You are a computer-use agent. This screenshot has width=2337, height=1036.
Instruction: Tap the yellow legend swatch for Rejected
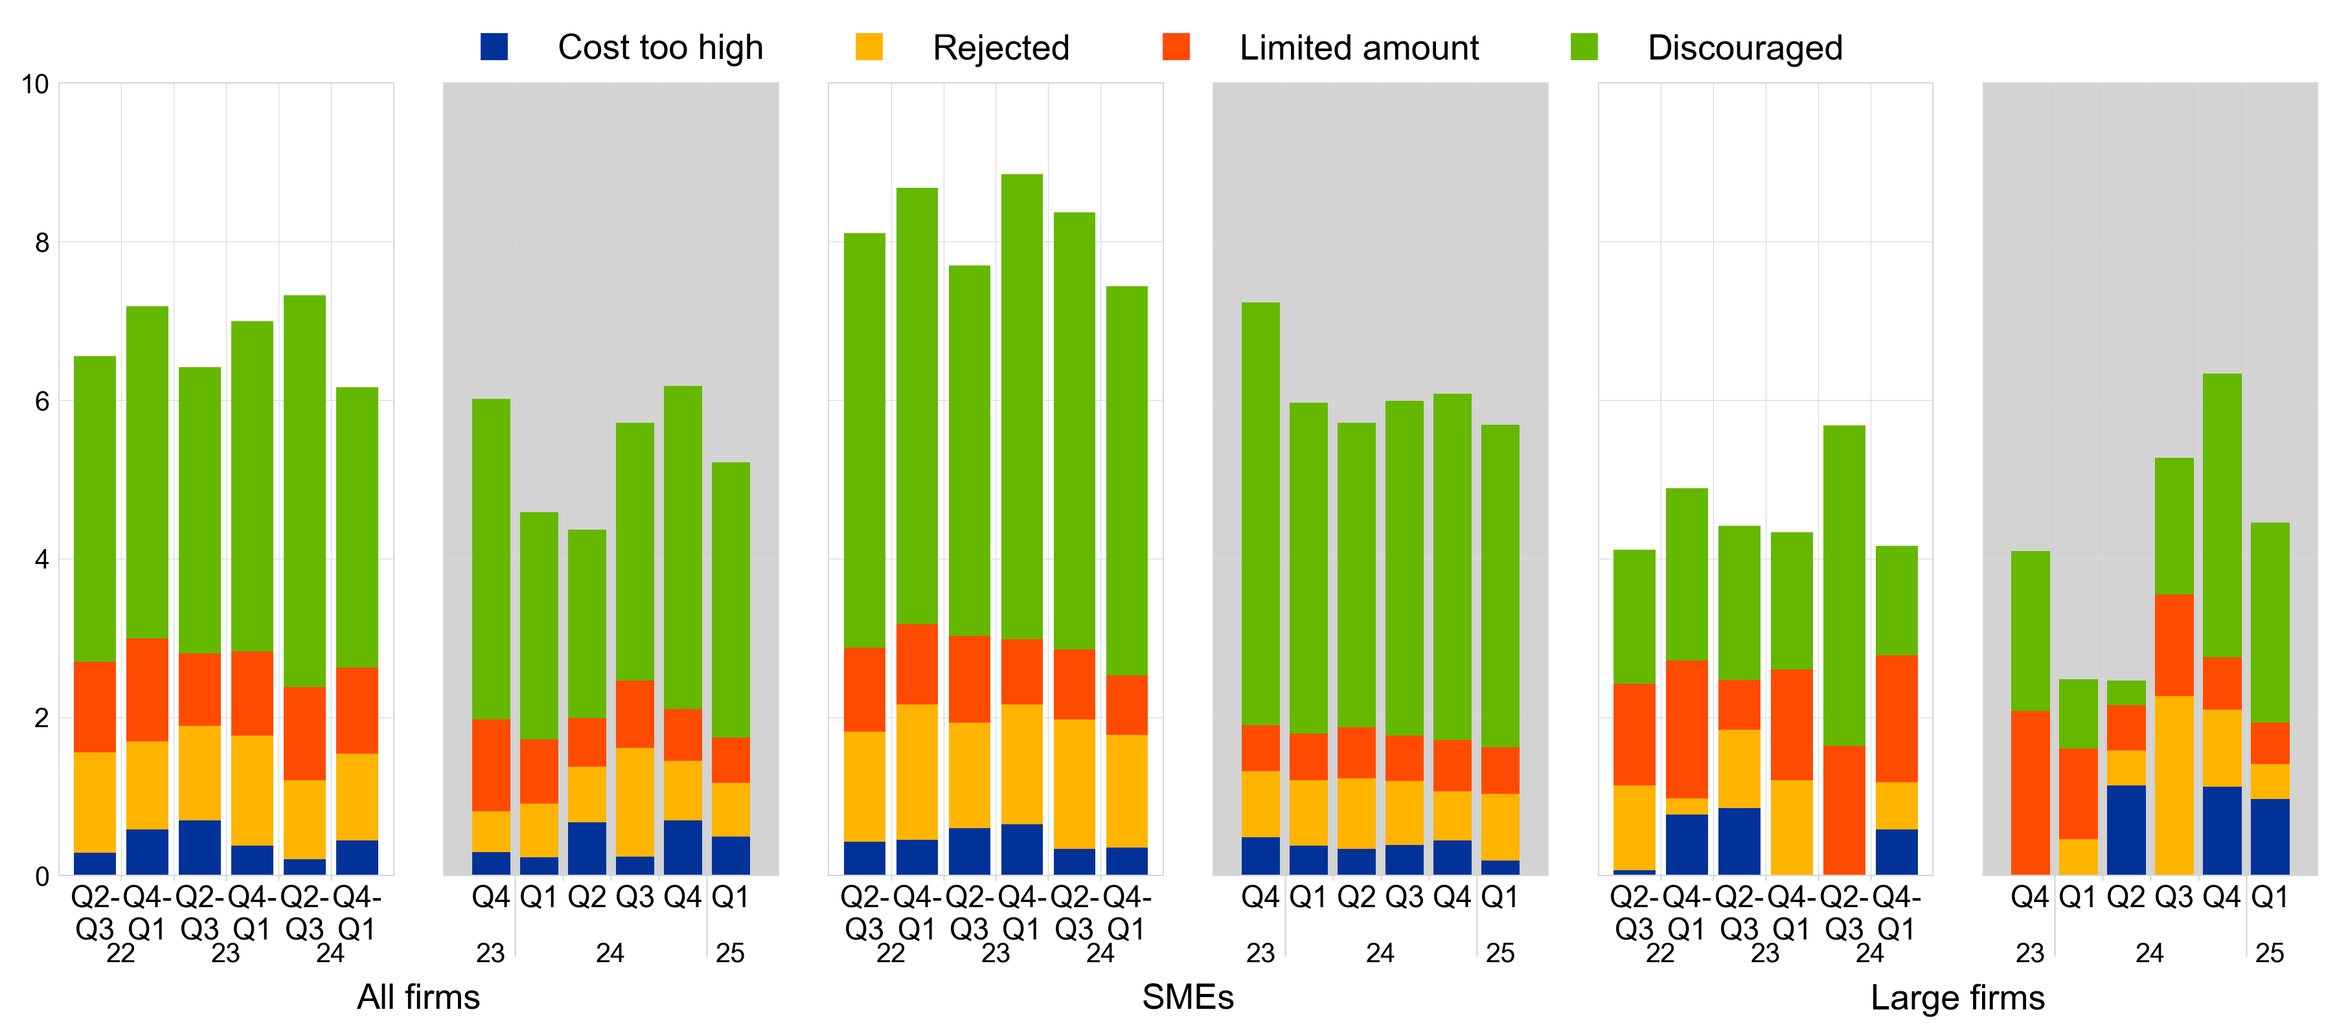[x=868, y=47]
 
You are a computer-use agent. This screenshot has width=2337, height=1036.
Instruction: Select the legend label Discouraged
[x=1744, y=47]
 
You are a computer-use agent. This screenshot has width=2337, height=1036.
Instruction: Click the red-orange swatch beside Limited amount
[x=1176, y=47]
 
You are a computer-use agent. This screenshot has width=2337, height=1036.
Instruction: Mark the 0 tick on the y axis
[x=41, y=876]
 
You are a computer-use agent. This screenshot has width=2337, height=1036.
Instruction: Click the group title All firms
[x=418, y=997]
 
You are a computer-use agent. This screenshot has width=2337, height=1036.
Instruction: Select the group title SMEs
[x=1187, y=997]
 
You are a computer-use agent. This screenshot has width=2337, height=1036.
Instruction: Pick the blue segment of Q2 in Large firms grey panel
[x=2126, y=830]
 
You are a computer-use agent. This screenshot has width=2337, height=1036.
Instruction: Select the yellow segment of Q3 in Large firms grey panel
[x=2174, y=785]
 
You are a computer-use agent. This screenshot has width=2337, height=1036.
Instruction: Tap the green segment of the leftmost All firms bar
[x=95, y=509]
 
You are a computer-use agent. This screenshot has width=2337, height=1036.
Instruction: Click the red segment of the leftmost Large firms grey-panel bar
[x=2031, y=793]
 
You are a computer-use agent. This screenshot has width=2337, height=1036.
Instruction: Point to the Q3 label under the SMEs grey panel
[x=1404, y=897]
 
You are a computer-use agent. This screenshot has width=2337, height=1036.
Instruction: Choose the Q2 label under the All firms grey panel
[x=586, y=897]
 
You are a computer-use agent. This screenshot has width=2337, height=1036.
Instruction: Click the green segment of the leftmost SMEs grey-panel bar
[x=1260, y=513]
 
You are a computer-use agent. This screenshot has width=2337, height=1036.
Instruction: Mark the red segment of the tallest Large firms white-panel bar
[x=1844, y=810]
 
